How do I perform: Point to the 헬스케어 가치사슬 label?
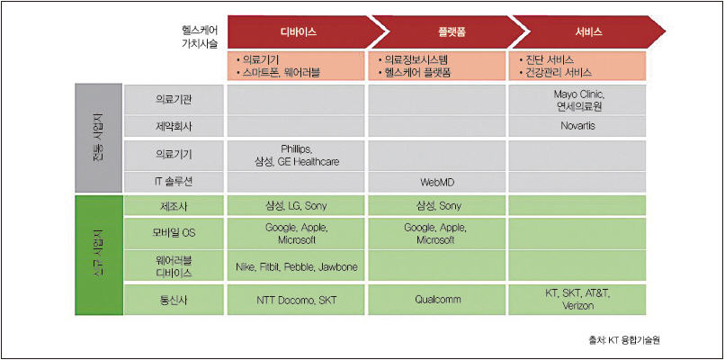click(200, 38)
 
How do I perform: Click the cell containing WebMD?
click(436, 183)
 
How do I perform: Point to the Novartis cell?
click(577, 126)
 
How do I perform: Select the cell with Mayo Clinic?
click(577, 100)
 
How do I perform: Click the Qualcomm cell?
click(436, 300)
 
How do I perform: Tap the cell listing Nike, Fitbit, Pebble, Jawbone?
click(296, 266)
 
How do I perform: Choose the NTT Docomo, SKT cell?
click(296, 300)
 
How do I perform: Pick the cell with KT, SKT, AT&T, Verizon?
click(577, 300)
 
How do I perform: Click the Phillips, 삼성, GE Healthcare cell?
click(296, 155)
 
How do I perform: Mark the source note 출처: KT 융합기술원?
click(623, 340)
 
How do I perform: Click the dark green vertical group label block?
click(98, 256)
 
